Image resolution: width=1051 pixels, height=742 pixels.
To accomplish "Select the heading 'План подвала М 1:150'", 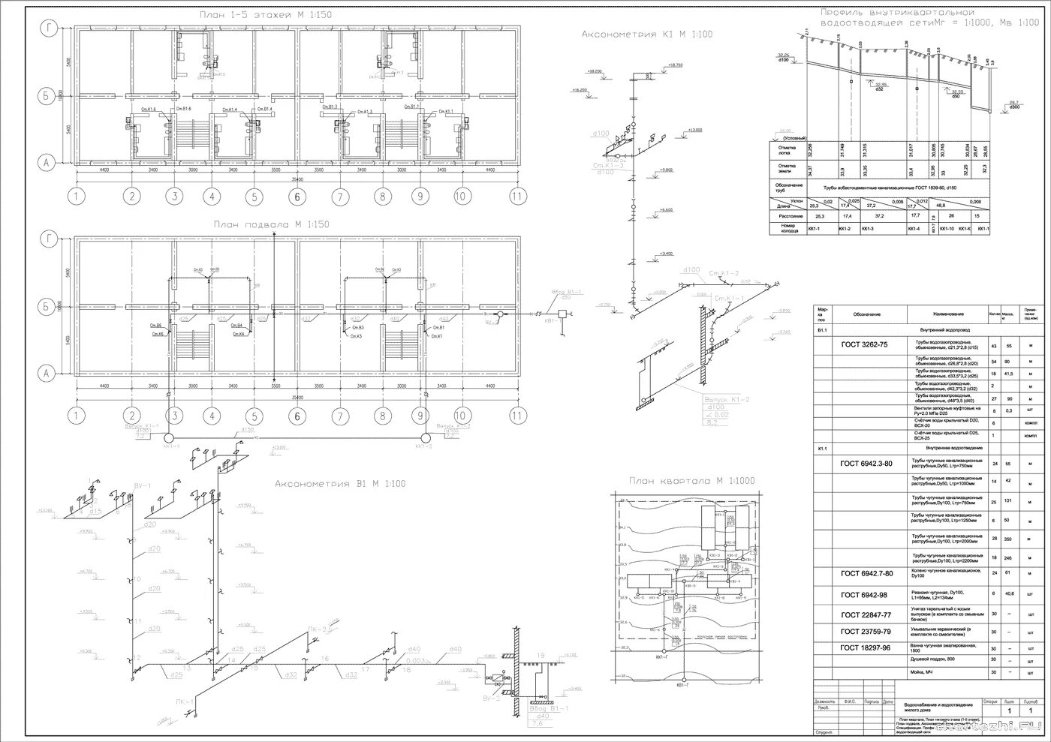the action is point(271,224).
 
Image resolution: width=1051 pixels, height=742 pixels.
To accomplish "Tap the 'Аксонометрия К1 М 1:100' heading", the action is point(647,35).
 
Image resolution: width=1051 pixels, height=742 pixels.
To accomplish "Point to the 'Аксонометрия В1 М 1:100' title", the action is point(340,484).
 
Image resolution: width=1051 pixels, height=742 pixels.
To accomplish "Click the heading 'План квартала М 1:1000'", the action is point(692,481).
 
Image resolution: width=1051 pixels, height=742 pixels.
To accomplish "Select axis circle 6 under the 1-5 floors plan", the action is point(298,197).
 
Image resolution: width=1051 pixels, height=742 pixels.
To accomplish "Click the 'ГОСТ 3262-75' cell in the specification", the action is point(864,344).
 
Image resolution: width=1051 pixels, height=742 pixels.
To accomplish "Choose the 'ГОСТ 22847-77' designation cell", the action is point(866,614).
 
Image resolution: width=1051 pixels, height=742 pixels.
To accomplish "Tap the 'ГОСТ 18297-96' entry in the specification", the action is point(866,647).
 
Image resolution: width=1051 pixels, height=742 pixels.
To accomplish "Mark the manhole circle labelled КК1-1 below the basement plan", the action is point(169,438).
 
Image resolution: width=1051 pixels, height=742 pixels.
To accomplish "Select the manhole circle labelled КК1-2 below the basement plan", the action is point(425,438).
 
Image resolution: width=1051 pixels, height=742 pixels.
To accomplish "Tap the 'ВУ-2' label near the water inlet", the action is point(492,698).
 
